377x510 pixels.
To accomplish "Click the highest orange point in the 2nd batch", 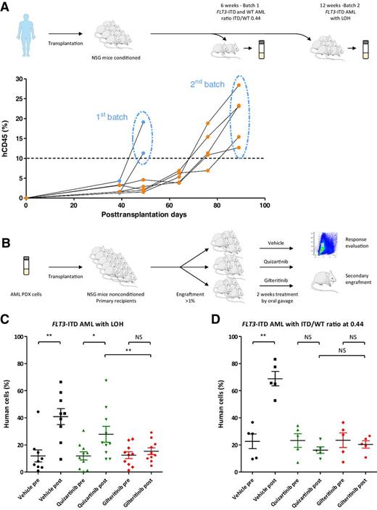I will coord(239,85).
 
